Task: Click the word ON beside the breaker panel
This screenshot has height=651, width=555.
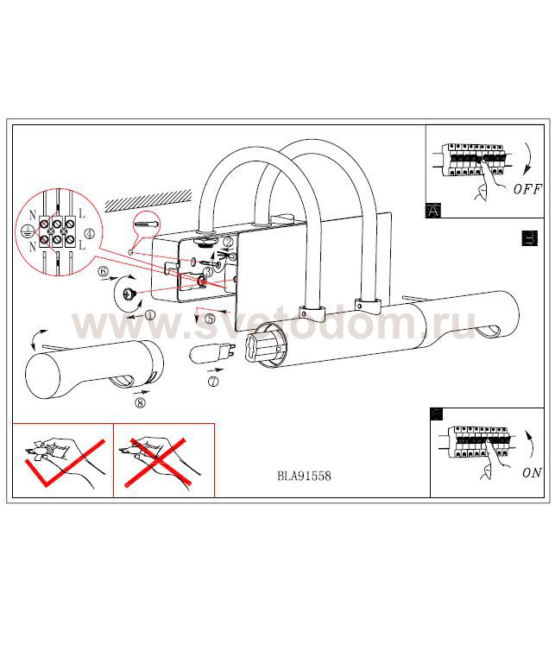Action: click(532, 472)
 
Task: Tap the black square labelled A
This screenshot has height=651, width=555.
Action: click(432, 209)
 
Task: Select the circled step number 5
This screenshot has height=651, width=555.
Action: click(210, 318)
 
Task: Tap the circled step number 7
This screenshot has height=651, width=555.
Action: click(213, 380)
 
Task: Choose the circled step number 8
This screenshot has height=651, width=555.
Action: click(140, 401)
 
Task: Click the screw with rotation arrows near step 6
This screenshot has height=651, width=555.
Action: click(127, 296)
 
